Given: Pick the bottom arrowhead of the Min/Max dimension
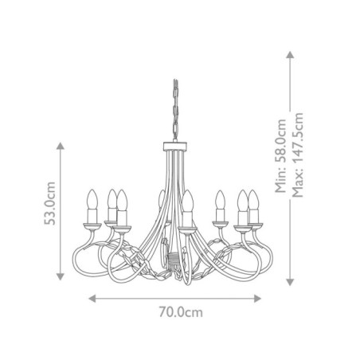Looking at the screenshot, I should click(290, 280).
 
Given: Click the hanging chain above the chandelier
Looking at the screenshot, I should click(174, 112).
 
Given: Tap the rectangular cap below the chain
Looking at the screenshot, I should click(174, 147).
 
